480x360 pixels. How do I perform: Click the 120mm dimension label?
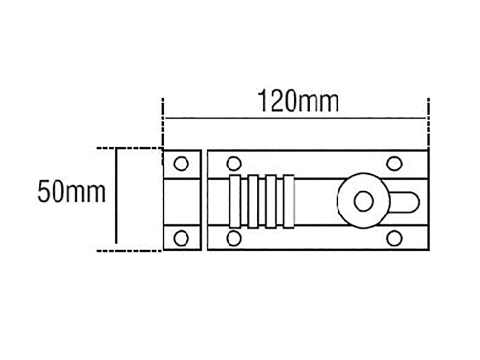pyautogui.click(x=298, y=101)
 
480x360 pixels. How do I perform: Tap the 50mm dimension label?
pyautogui.click(x=71, y=193)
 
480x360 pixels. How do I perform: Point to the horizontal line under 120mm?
pyautogui.click(x=295, y=118)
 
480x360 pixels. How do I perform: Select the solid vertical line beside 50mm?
pyautogui.click(x=116, y=199)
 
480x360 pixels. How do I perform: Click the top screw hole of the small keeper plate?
pyautogui.click(x=181, y=163)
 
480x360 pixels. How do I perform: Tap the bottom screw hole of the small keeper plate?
pyautogui.click(x=181, y=238)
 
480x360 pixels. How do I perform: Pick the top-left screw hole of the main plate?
pyautogui.click(x=234, y=163)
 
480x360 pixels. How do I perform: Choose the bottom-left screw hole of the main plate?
pyautogui.click(x=234, y=238)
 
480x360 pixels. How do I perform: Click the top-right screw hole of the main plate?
pyautogui.click(x=394, y=163)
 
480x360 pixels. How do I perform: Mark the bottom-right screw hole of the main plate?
pyautogui.click(x=394, y=238)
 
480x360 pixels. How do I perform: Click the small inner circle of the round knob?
pyautogui.click(x=363, y=202)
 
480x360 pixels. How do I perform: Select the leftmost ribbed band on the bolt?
pyautogui.click(x=235, y=201)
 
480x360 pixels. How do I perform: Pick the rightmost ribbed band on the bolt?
pyautogui.click(x=289, y=201)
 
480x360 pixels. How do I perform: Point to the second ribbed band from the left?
pyautogui.click(x=253, y=201)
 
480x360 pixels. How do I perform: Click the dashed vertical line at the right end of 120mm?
pyautogui.click(x=428, y=123)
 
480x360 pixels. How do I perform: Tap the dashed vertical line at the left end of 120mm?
pyautogui.click(x=163, y=123)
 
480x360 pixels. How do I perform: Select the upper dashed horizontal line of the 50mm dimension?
pyautogui.click(x=129, y=148)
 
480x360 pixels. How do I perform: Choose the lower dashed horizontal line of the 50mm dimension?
pyautogui.click(x=129, y=250)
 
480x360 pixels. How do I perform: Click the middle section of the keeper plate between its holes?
pyautogui.click(x=182, y=201)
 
